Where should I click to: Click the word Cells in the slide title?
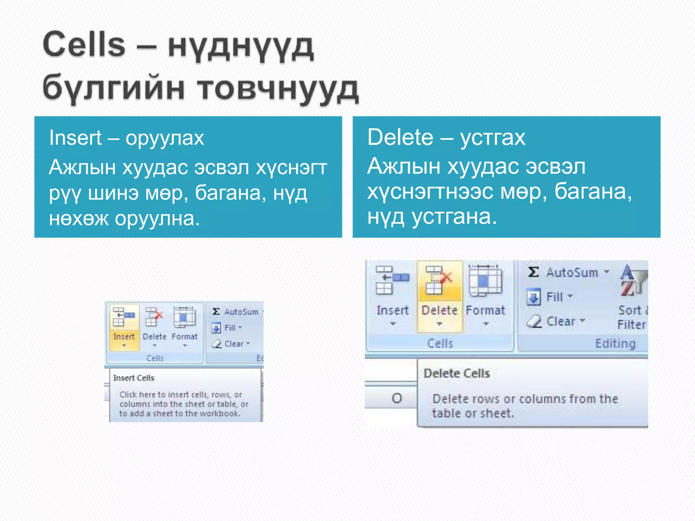pos(84,44)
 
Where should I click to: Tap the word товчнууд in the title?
pos(278,89)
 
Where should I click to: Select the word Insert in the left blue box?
pos(75,138)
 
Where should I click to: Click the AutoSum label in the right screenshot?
pos(572,273)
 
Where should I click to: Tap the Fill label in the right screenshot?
pos(555,297)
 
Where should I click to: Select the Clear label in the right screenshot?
pos(561,321)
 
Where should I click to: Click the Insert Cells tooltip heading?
pos(134,378)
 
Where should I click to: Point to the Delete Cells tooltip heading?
pos(457,373)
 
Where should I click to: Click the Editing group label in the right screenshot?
pos(615,343)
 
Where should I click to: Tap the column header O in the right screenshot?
pos(397,398)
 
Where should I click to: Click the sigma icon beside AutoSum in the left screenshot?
pos(216,311)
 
